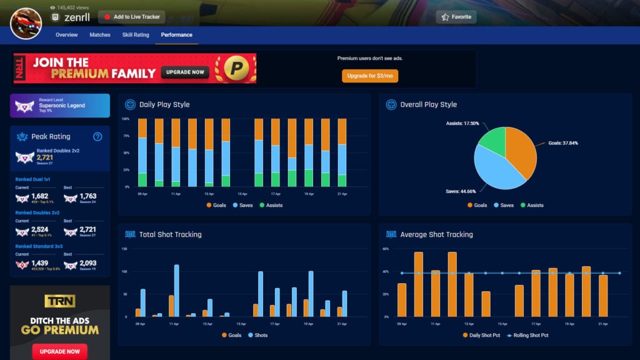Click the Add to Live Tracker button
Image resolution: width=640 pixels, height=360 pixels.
131,17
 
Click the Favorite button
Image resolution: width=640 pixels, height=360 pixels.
456,17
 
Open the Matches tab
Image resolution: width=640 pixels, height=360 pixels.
100,35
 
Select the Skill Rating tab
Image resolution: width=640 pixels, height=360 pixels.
136,35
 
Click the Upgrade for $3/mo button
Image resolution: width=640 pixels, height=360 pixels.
369,76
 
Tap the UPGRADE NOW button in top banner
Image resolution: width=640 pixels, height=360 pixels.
185,72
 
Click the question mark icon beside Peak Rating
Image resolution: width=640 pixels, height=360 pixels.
97,137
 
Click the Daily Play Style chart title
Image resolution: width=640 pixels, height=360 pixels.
164,104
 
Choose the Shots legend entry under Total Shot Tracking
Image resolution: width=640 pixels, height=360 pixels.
259,335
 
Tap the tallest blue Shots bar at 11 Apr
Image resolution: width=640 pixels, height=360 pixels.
177,291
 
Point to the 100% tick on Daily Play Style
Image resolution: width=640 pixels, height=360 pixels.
126,119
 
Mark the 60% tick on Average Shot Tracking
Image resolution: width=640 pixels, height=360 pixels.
386,249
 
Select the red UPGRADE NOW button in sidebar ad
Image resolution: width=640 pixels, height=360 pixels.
59,351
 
